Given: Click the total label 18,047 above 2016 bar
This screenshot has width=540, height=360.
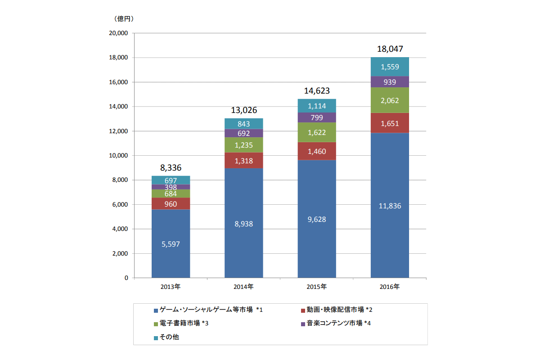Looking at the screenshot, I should pos(390,49).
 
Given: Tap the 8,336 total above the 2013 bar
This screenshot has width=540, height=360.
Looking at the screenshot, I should pos(171,168).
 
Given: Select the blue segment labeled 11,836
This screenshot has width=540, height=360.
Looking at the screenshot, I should pos(390,206).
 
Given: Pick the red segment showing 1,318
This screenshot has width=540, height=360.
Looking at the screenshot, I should pos(243,161).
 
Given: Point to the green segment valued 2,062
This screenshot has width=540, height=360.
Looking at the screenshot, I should pos(390,100).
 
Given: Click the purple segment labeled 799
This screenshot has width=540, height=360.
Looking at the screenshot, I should pos(317,117).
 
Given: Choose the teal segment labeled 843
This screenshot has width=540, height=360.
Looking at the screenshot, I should pos(243,124).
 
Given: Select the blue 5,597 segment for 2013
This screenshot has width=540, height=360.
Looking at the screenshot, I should pos(171,244).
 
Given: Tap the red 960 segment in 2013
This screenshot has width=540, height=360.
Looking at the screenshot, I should pos(171,204).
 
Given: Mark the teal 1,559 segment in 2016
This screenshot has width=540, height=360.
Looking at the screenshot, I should pos(390,67).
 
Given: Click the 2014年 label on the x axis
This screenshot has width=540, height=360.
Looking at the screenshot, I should pos(243,286).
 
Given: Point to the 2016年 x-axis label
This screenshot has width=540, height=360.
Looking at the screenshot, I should pos(390,286).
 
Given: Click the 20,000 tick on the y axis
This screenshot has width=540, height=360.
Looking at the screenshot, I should pos(118,33).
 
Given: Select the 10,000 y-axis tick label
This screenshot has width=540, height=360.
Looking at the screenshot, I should pos(118,156).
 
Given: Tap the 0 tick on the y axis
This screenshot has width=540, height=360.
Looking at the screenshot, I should pos(126,278).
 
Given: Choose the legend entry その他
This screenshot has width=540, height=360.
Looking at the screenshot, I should pos(169,337).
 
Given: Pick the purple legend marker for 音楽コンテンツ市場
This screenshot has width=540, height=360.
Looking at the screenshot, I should pos(303,324).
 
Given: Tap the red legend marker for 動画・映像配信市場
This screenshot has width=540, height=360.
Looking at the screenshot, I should pos(303,310).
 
